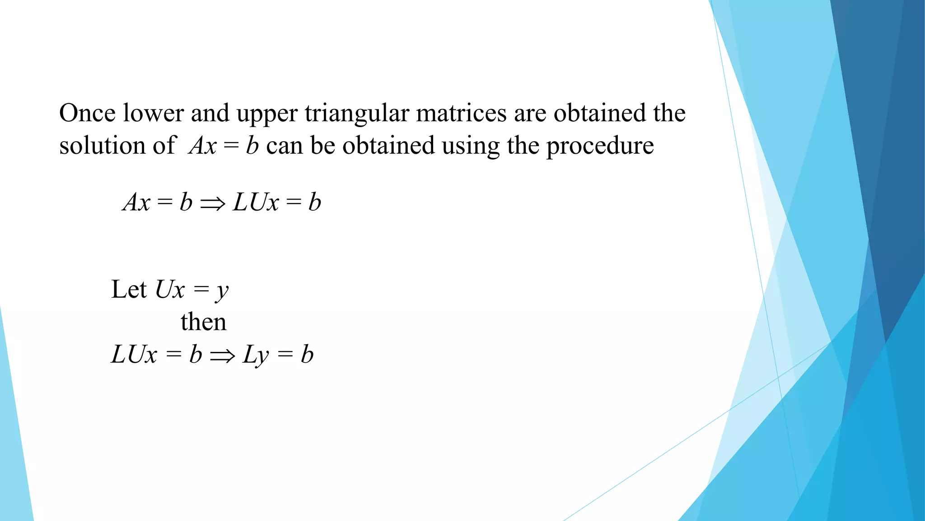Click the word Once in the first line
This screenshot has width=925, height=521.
[x=87, y=113]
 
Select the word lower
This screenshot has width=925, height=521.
[x=153, y=113]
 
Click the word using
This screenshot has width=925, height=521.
[x=470, y=147]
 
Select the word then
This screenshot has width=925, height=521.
[x=203, y=322]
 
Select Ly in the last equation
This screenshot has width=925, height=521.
[x=255, y=355]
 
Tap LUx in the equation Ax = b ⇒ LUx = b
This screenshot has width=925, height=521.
[x=256, y=202]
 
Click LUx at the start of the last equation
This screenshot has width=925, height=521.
[x=134, y=355]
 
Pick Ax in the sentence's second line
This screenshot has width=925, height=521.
[x=203, y=146]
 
